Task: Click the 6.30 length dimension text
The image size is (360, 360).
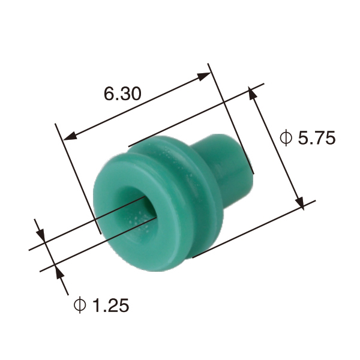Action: [122, 94]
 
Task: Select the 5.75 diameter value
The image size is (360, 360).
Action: [316, 139]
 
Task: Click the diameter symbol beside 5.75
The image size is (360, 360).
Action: [286, 139]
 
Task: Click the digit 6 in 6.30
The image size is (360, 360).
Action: [108, 94]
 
